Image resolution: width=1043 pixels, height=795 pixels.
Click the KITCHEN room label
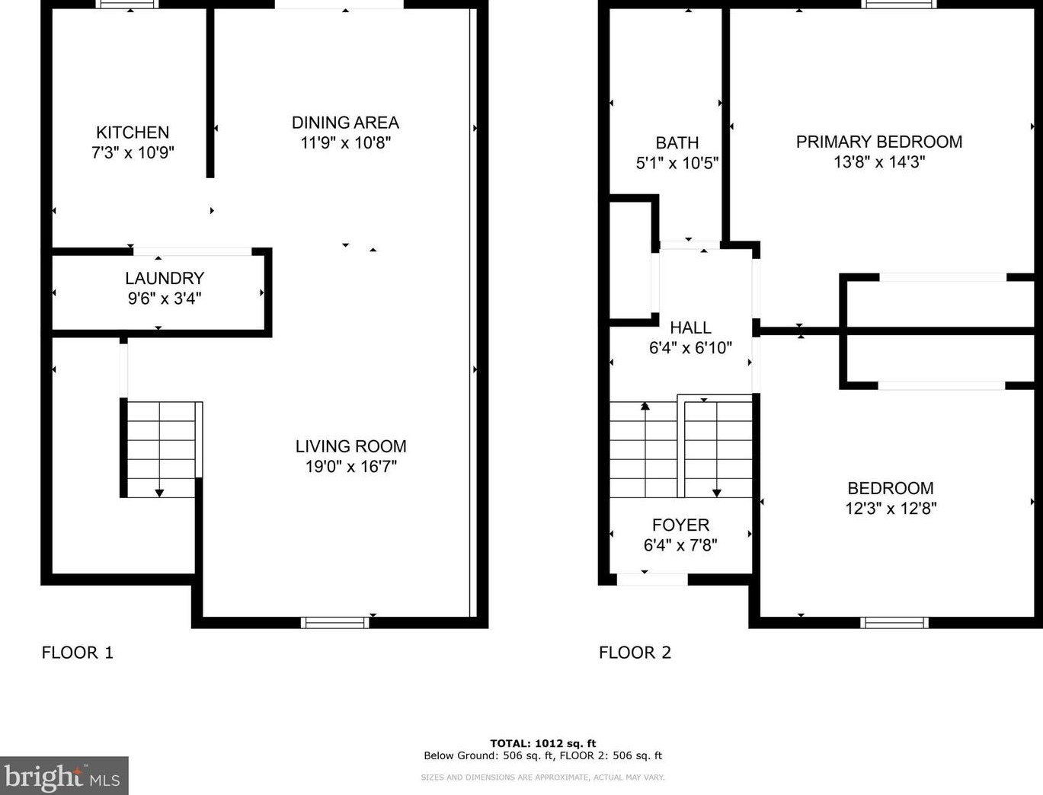[x=133, y=132]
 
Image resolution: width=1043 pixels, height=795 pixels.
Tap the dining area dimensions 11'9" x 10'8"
[x=345, y=142]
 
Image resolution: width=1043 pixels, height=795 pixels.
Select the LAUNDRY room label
[x=165, y=279]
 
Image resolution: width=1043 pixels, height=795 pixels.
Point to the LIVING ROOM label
[x=350, y=446]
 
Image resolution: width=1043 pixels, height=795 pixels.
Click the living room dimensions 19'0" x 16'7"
[x=350, y=466]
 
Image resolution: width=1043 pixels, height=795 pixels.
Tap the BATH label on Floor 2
[x=677, y=143]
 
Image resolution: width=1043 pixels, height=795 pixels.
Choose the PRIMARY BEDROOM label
[x=878, y=142]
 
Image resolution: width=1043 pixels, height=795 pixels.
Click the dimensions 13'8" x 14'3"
[x=878, y=161]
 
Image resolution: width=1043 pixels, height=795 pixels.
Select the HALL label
[x=690, y=327]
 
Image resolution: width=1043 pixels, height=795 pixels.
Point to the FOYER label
[x=680, y=525]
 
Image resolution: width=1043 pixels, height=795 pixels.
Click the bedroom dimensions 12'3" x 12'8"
[x=890, y=508]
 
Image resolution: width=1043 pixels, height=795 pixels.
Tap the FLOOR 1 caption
[x=77, y=653]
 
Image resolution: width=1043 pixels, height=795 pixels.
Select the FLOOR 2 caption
[x=635, y=653]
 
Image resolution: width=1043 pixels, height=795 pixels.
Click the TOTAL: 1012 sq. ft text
[x=542, y=743]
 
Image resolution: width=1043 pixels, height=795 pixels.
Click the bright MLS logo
[x=63, y=777]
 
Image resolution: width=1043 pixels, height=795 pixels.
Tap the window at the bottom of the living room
[x=334, y=622]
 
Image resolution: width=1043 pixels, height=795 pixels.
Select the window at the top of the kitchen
[x=127, y=5]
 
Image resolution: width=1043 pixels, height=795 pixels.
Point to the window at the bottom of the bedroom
[x=894, y=622]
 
